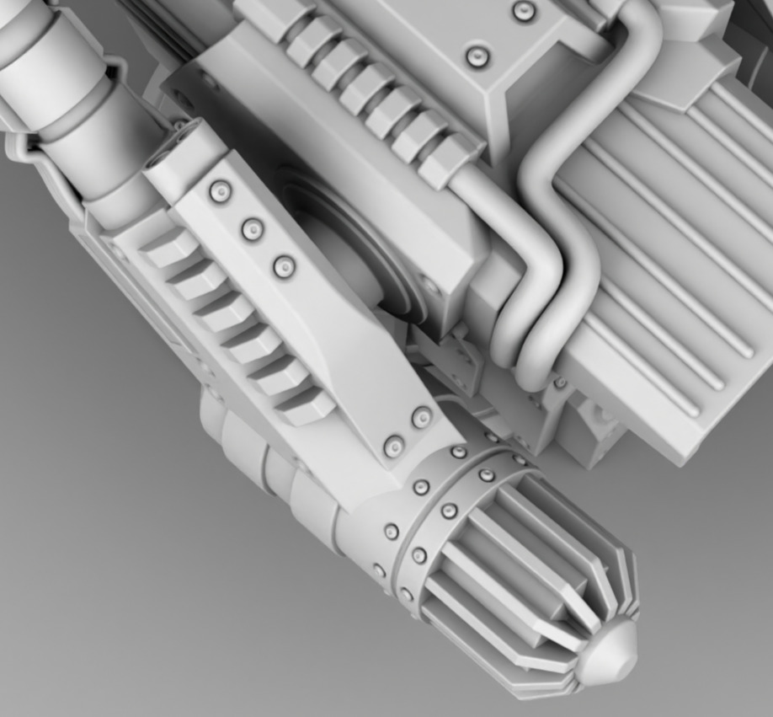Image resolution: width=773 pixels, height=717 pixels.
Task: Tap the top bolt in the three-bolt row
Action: click(220, 192)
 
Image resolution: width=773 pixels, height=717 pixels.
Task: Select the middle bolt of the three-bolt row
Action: click(252, 229)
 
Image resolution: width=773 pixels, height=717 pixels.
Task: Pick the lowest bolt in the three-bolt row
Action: click(285, 267)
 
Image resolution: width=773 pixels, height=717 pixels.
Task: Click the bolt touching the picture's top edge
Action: click(524, 11)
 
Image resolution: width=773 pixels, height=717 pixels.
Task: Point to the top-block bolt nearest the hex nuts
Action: click(477, 57)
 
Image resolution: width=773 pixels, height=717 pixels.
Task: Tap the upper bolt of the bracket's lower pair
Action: click(421, 417)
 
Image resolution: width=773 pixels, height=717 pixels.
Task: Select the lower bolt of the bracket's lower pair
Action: click(393, 447)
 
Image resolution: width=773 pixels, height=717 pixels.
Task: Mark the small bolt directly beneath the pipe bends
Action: click(559, 383)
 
